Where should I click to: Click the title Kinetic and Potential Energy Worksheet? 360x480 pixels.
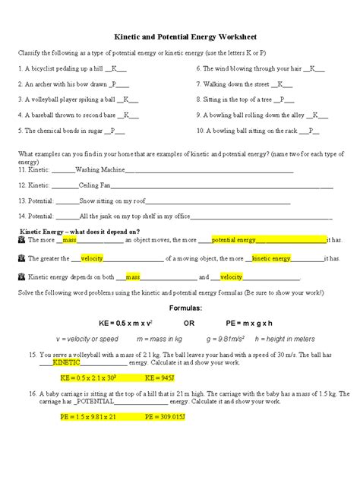point(179,36)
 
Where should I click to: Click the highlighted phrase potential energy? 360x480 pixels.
point(234,240)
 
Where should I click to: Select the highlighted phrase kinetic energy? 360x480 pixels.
point(271,258)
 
